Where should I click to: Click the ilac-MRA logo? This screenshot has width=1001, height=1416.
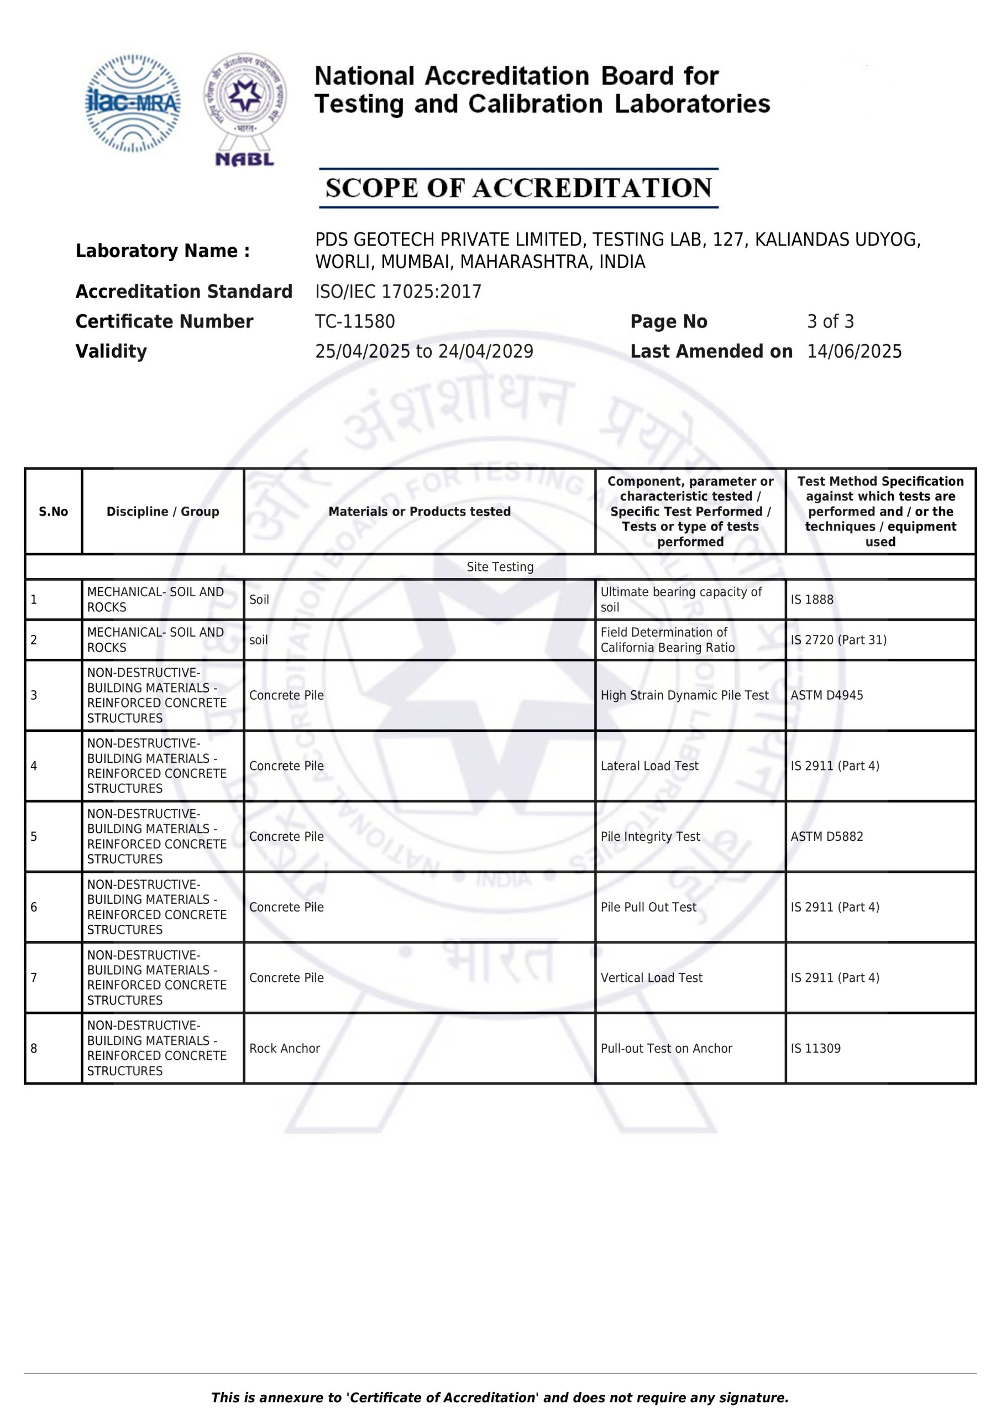(133, 103)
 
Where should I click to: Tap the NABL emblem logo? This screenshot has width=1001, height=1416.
(245, 108)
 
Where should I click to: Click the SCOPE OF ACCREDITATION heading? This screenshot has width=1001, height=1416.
(518, 188)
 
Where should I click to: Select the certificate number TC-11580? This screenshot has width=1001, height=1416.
(355, 321)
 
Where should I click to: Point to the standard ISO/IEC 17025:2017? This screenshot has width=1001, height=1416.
(398, 291)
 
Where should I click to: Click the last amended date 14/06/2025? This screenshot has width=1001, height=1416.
(855, 352)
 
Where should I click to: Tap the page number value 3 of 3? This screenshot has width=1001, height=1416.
(830, 321)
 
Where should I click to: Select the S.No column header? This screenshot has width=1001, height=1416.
(54, 511)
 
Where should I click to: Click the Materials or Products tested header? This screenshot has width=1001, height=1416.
(419, 511)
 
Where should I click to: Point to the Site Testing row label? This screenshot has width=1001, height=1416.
(500, 567)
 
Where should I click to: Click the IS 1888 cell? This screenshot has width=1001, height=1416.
(812, 600)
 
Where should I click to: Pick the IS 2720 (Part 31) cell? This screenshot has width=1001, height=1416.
(838, 640)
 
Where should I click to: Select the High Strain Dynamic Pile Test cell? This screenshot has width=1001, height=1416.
(684, 695)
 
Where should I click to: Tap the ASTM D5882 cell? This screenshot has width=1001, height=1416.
(826, 836)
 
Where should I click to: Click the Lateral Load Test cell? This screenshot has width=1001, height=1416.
(649, 766)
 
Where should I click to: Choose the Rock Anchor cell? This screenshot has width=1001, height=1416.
(284, 1048)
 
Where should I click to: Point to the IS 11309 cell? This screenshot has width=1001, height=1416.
(815, 1048)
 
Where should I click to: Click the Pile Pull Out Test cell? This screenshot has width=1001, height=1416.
(648, 907)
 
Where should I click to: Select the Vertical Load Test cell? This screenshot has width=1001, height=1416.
(651, 977)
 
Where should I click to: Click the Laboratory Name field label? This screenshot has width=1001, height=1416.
(163, 251)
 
